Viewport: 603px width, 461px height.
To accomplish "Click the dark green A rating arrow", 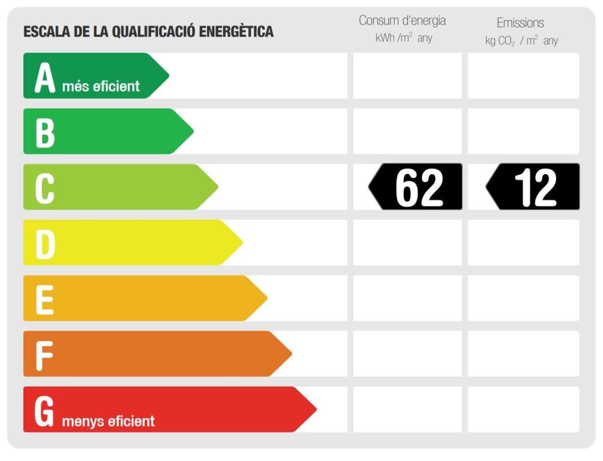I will coord(90,76).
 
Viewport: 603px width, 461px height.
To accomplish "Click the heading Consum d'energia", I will coord(402,20).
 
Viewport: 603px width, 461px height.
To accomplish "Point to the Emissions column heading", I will coord(520,23).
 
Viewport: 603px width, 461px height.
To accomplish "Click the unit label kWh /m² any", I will coord(403,38).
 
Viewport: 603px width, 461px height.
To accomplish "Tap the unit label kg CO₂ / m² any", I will coord(521,41).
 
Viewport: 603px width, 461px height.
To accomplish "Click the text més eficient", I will coord(101,86).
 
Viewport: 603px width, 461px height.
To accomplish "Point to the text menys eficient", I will coord(108,421).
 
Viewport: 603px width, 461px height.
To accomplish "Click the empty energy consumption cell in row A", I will coord(407,76).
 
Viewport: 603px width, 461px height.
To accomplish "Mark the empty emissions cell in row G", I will coord(523,409).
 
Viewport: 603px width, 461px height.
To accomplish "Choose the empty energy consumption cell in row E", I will coord(407,298).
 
